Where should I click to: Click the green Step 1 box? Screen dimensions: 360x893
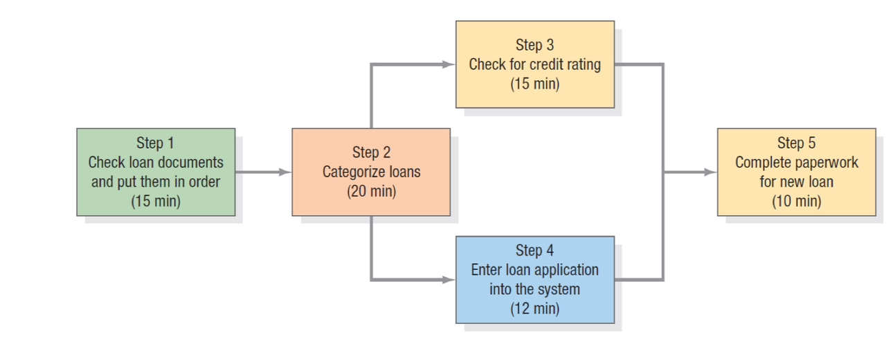156,172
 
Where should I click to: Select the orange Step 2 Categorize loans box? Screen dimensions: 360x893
371,172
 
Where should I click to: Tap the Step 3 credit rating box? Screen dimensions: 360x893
534,64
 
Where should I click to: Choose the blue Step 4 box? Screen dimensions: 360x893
534,280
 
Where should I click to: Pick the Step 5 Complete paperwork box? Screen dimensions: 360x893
796,172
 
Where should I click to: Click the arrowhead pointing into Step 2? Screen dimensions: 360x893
285,172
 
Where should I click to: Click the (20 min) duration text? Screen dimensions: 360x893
371,192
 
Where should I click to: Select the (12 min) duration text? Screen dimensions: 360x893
534,309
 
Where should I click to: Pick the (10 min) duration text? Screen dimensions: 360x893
796,201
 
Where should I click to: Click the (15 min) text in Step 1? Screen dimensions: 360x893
156,201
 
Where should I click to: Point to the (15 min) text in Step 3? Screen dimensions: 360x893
534,84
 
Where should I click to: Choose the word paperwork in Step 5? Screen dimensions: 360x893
827,163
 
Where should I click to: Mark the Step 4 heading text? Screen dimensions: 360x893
534,250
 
